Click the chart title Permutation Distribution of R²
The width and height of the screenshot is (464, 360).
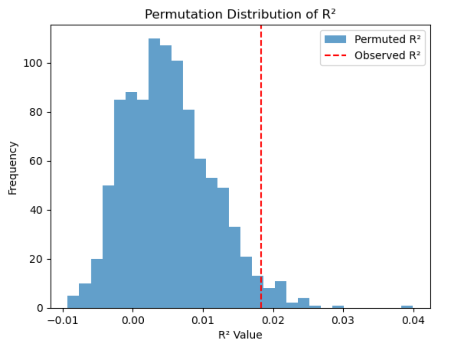(241, 14)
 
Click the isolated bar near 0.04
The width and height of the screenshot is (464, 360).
(407, 306)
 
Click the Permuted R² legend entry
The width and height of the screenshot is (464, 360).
(374, 39)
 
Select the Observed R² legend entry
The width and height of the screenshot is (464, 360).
(374, 56)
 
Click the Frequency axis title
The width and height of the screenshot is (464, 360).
(13, 168)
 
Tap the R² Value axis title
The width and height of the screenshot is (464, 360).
(240, 335)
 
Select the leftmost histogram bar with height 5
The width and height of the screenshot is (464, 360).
(73, 302)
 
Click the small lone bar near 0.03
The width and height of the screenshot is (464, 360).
(338, 306)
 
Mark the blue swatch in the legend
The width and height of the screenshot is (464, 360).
(336, 39)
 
